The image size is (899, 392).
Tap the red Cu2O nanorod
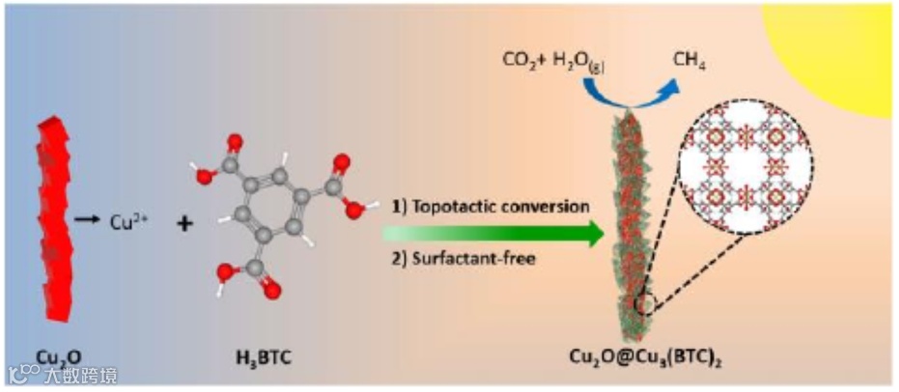58,222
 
